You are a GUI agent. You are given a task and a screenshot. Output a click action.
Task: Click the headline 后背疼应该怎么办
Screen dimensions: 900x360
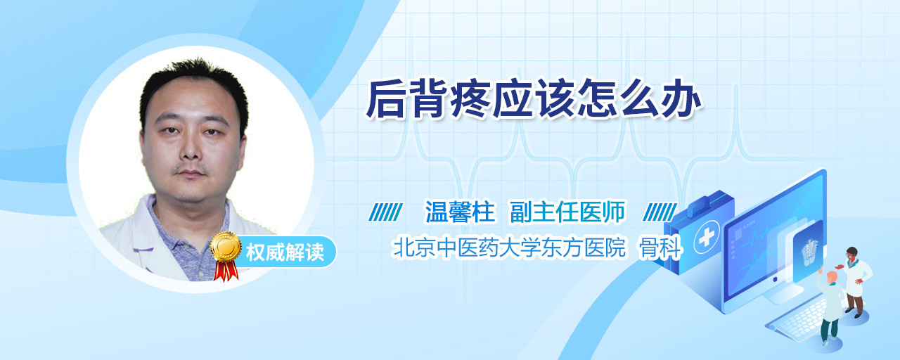click(534, 99)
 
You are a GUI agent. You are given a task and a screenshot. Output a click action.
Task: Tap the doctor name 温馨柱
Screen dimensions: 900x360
click(460, 212)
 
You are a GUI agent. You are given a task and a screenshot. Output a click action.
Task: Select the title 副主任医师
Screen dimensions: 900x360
click(567, 212)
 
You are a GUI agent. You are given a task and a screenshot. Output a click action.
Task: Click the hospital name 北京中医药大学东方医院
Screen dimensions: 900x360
click(509, 247)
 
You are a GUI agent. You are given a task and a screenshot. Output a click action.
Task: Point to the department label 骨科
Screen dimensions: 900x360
click(660, 247)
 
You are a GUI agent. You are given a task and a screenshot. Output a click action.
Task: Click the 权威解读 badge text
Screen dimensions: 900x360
click(285, 252)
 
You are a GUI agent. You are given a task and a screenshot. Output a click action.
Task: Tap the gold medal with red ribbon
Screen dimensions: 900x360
click(226, 255)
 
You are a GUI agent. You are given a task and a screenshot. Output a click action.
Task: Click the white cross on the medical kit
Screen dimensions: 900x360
click(706, 238)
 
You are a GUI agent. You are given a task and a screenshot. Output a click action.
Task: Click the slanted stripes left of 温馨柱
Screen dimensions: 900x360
click(385, 212)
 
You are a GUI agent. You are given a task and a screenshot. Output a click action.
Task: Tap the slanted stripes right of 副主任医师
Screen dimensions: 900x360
click(660, 212)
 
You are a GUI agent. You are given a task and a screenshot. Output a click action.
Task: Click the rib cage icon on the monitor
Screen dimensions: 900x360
click(809, 252)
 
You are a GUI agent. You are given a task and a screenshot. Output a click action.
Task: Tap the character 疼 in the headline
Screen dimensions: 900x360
click(471, 99)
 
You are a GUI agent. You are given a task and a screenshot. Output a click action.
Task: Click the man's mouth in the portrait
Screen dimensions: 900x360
click(190, 173)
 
